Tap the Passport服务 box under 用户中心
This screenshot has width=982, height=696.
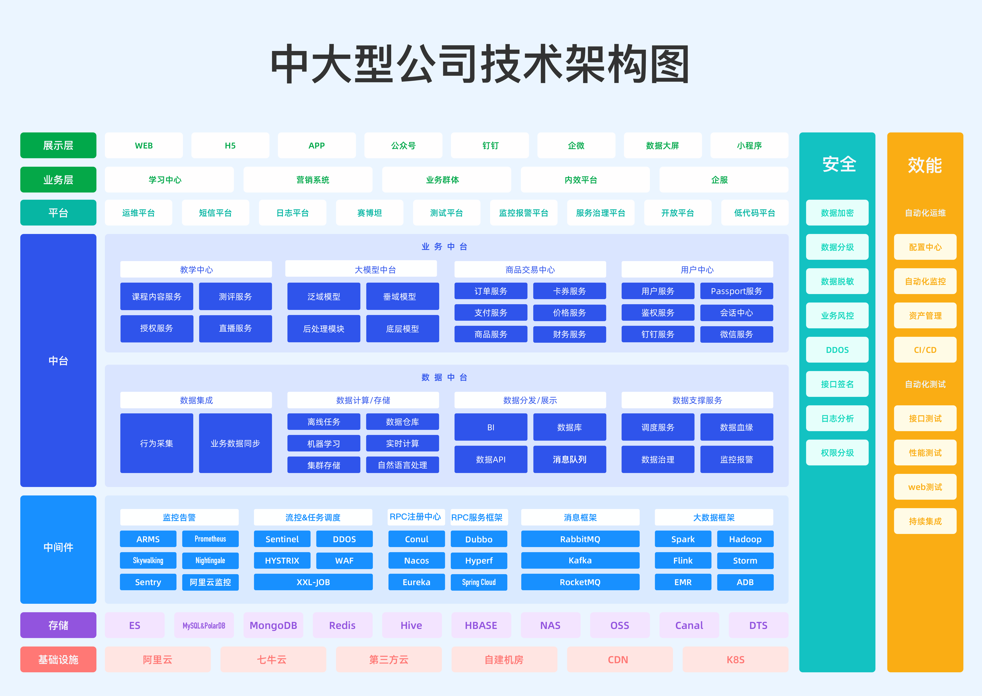pos(737,291)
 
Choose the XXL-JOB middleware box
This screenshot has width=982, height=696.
pos(313,582)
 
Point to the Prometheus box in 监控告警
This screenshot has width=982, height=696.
pos(210,539)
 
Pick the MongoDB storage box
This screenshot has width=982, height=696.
pos(273,625)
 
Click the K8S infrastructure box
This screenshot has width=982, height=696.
pos(735,660)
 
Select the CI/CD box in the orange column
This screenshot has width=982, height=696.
pos(925,350)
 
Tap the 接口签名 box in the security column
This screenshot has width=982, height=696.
pos(837,384)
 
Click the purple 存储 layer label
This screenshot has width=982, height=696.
pos(58,625)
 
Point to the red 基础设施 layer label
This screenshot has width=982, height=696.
pos(58,660)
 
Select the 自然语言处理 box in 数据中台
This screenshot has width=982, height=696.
pos(403,465)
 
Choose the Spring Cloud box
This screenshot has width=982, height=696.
pos(479,582)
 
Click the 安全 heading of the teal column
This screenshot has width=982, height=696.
pos(839,164)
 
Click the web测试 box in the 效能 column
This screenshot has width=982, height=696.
pos(925,487)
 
